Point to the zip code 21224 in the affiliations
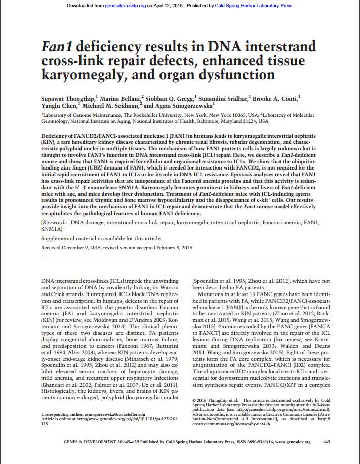[249, 122]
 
